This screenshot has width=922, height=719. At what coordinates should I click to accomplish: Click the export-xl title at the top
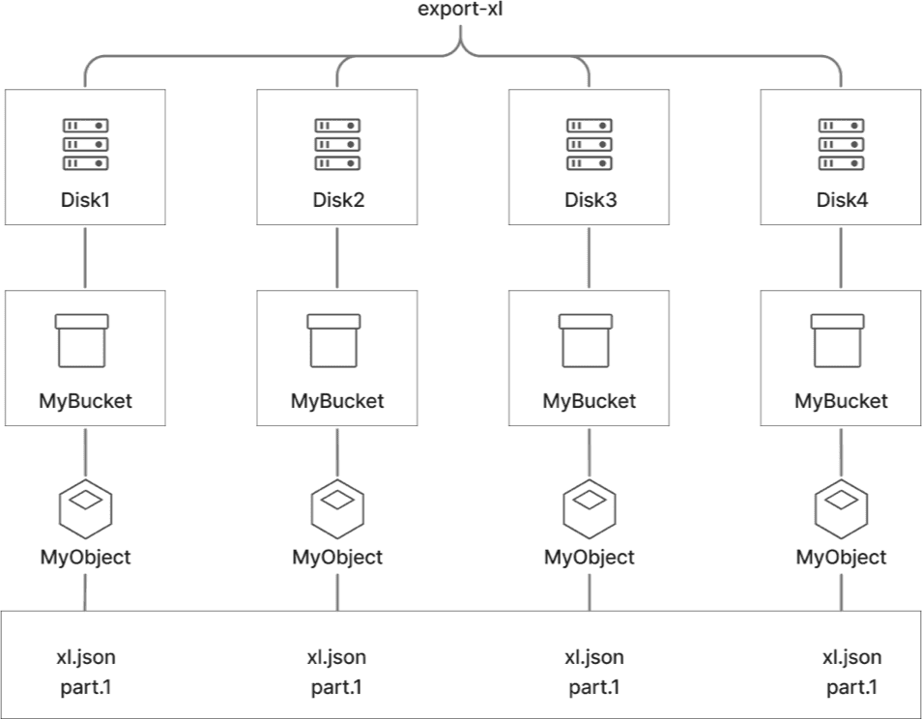pos(461,13)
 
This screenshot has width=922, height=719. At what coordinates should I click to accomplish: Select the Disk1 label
pos(85,201)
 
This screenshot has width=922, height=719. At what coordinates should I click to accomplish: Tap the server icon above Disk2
pos(337,144)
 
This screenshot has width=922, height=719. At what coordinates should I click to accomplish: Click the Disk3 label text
pos(590,201)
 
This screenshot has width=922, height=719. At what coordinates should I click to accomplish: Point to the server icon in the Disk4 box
pos(841,144)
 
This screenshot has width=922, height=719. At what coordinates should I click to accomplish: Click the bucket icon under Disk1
pos(85,340)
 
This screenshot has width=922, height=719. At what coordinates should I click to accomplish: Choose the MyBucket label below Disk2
pos(337,400)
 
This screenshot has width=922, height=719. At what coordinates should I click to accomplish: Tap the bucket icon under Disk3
pos(590,340)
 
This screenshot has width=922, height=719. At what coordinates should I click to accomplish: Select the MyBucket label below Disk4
pos(841,400)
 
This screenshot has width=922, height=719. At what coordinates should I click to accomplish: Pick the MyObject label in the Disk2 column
pos(337,558)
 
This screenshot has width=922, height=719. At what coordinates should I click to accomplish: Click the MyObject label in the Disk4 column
pos(841,558)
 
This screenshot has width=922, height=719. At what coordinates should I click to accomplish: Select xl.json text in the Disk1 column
pos(85,658)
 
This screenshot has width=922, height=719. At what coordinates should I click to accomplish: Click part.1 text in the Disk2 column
pos(336,688)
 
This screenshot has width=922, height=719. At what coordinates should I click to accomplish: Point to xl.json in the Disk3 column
pos(593,658)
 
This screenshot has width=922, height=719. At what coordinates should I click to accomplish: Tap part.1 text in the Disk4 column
pos(851,688)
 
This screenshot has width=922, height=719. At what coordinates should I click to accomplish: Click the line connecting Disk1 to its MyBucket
pos(85,257)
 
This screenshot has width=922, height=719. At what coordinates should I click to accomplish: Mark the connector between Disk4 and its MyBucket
pos(841,257)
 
